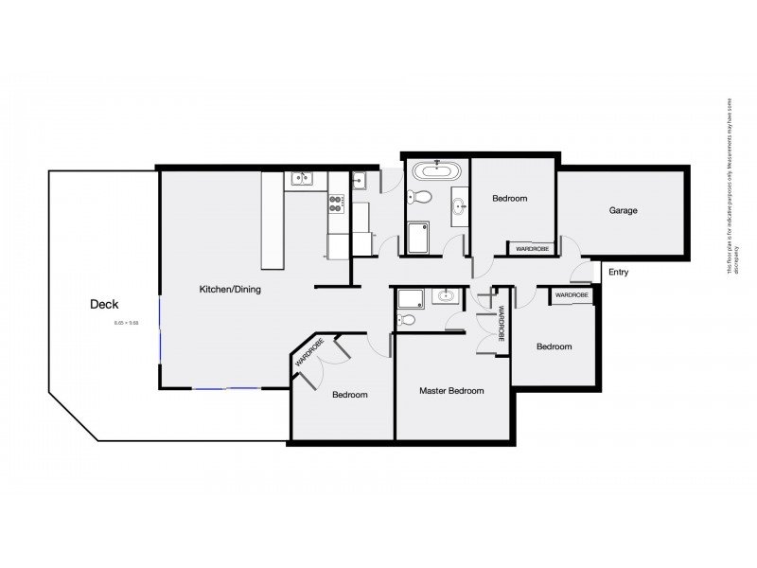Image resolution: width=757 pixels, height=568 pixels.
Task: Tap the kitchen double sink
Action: point(302,176)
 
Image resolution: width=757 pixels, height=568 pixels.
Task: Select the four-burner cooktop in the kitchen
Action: point(336,200)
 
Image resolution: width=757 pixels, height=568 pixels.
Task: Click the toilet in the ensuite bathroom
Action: point(408,320)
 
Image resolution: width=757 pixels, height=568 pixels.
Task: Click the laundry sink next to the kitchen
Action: point(361,176)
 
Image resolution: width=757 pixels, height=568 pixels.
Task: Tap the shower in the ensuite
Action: point(412,299)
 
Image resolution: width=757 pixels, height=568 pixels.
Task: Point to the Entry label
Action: point(619,273)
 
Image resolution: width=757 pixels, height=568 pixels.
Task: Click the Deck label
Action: point(104,304)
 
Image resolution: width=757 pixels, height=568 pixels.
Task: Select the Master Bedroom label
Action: point(451,391)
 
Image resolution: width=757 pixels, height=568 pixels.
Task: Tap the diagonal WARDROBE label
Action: point(309,352)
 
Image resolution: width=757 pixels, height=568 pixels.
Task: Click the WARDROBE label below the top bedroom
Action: point(532,249)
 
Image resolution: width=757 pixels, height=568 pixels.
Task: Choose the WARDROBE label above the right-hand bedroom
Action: point(572,295)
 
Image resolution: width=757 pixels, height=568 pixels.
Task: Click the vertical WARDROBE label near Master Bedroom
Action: point(502,323)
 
